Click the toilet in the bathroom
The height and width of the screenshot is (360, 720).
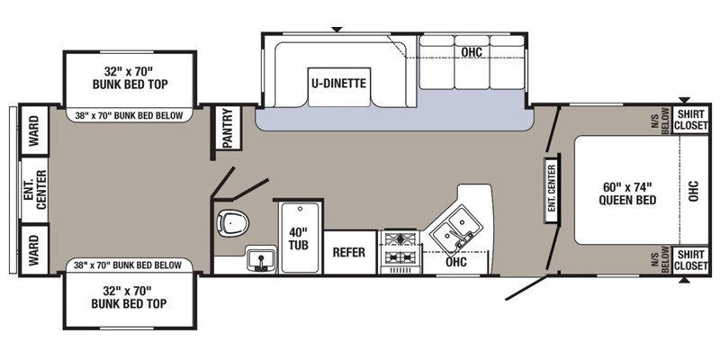pos(233,223)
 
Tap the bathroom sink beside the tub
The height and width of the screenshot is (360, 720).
pos(261,259)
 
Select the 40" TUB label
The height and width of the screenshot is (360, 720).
pos(299,238)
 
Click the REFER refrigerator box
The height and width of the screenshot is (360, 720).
pos(349,252)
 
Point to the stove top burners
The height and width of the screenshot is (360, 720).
pos(400,248)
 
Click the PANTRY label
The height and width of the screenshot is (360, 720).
pos(228,128)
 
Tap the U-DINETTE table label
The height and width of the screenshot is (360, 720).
pos(339,84)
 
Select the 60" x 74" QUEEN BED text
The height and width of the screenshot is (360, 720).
pos(627,193)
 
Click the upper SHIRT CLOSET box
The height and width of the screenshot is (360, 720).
pos(690,120)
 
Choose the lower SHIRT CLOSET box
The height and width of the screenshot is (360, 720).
pos(690,260)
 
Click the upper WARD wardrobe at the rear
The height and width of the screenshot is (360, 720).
pos(34,130)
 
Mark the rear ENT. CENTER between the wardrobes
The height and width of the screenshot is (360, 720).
pos(34,190)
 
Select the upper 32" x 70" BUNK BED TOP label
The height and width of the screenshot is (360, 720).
pos(130,77)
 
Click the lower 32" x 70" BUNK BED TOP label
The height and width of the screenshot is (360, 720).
pos(129,297)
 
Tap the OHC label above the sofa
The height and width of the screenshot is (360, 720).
pos(472,52)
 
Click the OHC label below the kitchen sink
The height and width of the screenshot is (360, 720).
pos(456,262)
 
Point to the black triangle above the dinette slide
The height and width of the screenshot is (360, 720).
pos(337,30)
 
